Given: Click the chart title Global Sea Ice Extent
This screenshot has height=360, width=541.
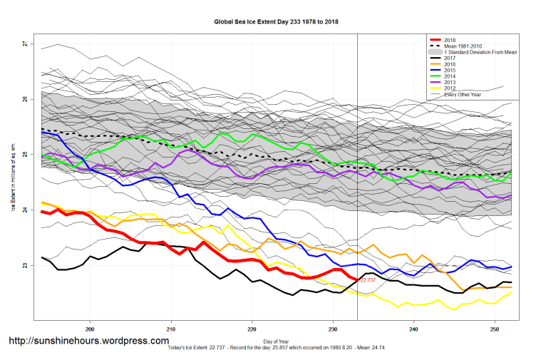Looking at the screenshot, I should pyautogui.click(x=276, y=22).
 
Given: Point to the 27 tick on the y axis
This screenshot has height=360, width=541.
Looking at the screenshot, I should pyautogui.click(x=25, y=44).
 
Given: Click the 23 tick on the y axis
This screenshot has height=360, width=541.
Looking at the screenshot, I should pyautogui.click(x=25, y=266).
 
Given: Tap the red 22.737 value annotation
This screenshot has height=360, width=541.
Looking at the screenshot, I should pyautogui.click(x=368, y=281).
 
